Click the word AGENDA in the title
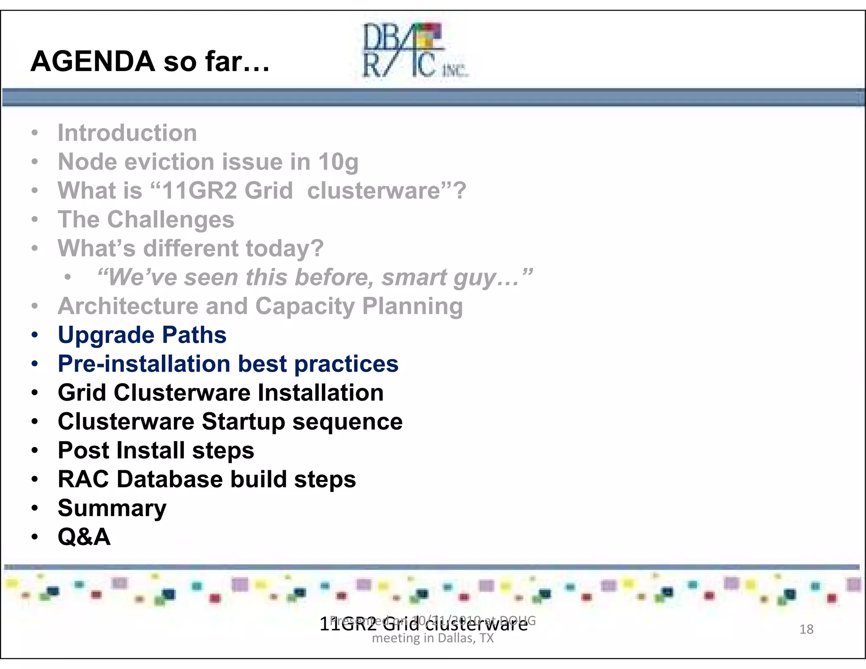pyautogui.click(x=93, y=62)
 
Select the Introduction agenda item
pyautogui.click(x=127, y=133)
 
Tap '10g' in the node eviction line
pyautogui.click(x=338, y=162)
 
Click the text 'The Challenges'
pyautogui.click(x=146, y=219)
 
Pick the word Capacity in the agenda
pyautogui.click(x=305, y=306)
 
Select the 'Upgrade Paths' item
pyautogui.click(x=142, y=335)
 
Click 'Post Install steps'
pyautogui.click(x=156, y=450)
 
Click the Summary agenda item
pyautogui.click(x=112, y=508)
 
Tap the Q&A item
pyautogui.click(x=84, y=537)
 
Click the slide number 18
pyautogui.click(x=806, y=629)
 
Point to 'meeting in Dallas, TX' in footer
pyautogui.click(x=433, y=638)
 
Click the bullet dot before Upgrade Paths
pyautogui.click(x=35, y=335)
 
